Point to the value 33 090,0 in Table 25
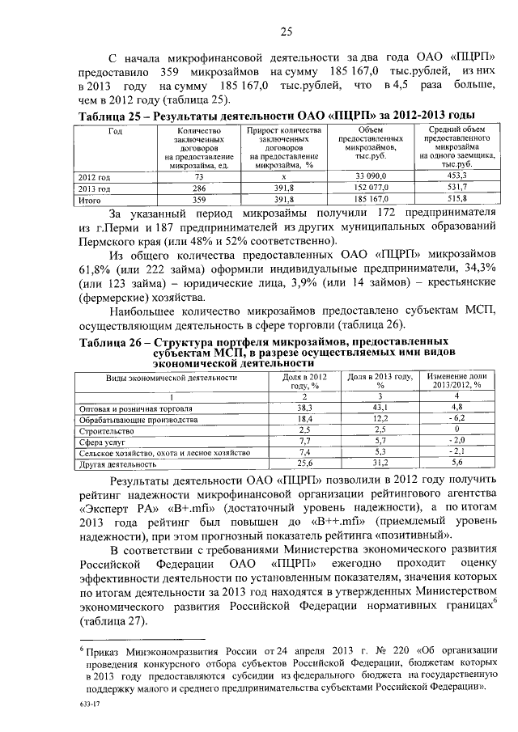tap(372, 175)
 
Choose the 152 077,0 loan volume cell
tap(372, 186)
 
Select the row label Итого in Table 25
tap(87, 197)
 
